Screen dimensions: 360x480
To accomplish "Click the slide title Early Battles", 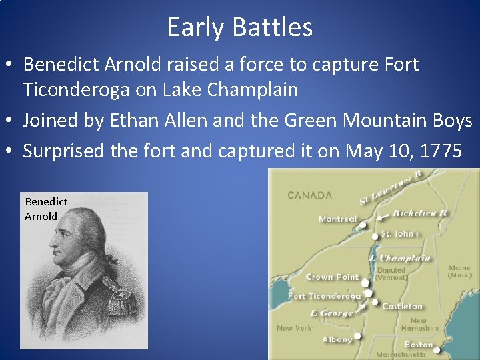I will point(239,27).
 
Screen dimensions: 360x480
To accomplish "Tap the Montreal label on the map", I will point(337,219).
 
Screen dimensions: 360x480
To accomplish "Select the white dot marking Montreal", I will point(363,225).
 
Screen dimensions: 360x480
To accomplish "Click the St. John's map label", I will point(400,234).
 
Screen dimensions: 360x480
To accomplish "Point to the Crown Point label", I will point(332,277).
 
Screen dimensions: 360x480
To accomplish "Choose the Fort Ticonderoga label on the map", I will point(324,295).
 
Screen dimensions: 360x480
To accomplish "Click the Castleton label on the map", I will point(403,306).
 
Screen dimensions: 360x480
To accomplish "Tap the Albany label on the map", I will point(337,339).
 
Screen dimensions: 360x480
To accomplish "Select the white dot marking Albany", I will point(358,336).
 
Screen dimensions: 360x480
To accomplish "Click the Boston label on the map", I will point(419,345).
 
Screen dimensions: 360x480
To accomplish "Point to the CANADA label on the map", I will point(309,195).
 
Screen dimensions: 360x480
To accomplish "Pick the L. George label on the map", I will point(331,313).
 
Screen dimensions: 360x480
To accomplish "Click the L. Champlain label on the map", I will point(401,258).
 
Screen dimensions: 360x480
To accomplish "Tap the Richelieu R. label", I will point(421,213).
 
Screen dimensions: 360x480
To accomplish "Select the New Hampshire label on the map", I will point(420,324).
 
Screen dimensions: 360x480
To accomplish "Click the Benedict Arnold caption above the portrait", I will point(45,209).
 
